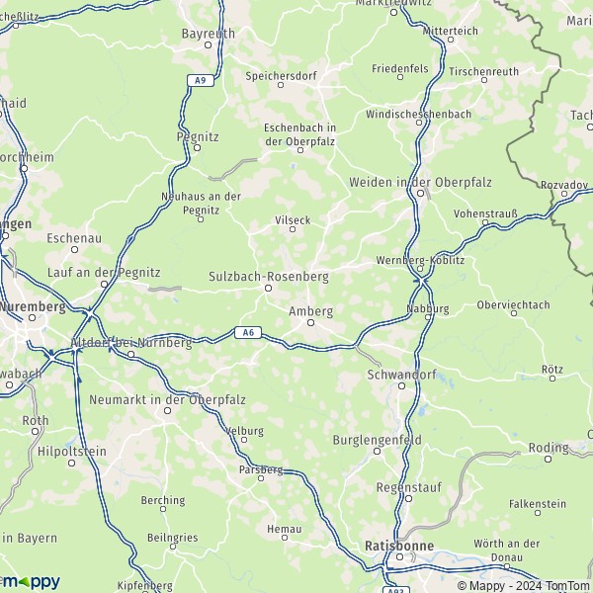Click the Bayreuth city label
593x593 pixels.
(x=208, y=33)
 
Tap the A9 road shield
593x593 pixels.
(x=201, y=79)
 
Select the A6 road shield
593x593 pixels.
(x=248, y=333)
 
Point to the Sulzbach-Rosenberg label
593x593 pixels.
(x=268, y=277)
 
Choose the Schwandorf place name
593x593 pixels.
(x=400, y=375)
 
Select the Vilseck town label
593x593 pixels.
(x=292, y=218)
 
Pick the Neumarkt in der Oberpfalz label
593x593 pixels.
(x=167, y=398)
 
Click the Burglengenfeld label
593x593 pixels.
(x=377, y=438)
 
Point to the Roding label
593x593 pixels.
(x=549, y=447)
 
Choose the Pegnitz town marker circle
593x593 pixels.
(x=196, y=148)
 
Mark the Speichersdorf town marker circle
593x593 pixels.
(x=280, y=86)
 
